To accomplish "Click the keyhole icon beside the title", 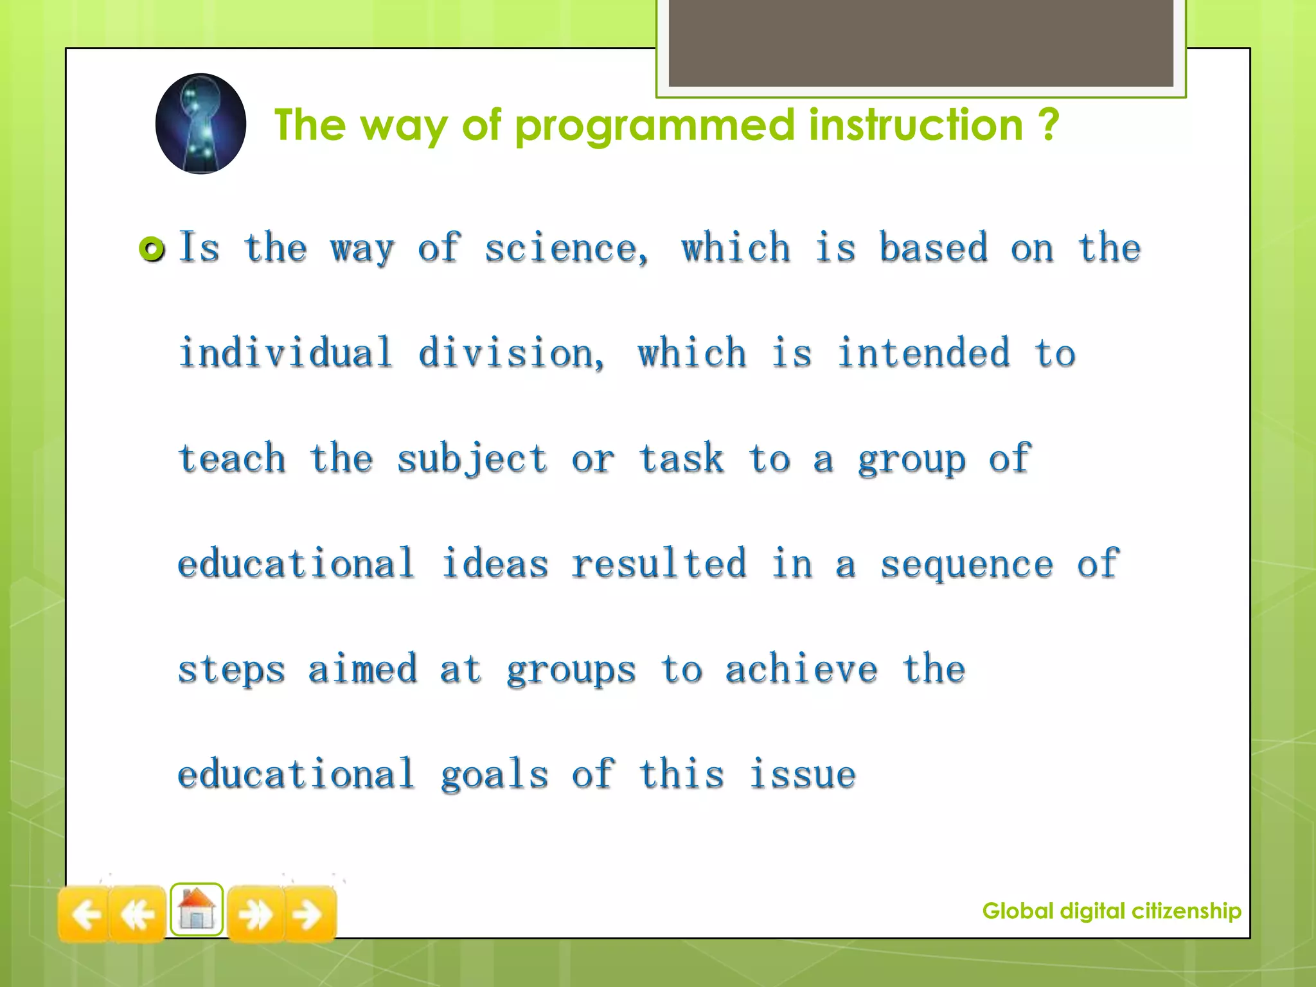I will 200,123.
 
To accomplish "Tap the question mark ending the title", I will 1048,125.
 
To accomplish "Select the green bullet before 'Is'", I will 152,249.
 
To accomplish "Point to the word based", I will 933,248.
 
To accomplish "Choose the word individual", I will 285,353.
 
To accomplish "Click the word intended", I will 923,353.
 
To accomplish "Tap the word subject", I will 472,459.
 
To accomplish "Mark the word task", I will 681,459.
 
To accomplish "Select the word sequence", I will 966,565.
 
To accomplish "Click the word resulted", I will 659,564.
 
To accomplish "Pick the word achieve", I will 801,670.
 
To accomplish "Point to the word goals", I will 494,775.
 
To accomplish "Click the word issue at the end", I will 803,774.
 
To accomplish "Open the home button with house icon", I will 197,910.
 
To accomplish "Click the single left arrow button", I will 84,914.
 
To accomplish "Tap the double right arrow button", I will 255,914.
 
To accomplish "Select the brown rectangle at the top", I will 920,44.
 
